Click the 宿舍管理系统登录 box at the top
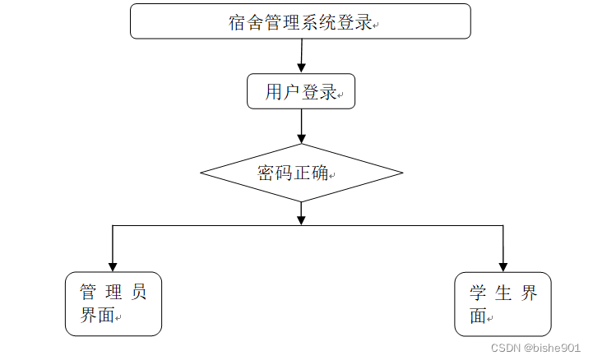(x=300, y=21)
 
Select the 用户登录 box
(x=301, y=91)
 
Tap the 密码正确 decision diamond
(x=301, y=173)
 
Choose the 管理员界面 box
(x=114, y=304)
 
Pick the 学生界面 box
(x=503, y=304)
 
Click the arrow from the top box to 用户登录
(x=302, y=56)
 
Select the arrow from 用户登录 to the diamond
(x=302, y=126)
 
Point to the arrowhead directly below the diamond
(x=302, y=219)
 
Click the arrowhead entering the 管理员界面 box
(x=113, y=267)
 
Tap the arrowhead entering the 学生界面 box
(x=503, y=267)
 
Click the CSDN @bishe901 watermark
(x=535, y=348)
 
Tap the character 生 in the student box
(x=503, y=293)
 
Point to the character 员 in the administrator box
(x=140, y=292)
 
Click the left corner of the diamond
(x=202, y=173)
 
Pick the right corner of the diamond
(x=401, y=173)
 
